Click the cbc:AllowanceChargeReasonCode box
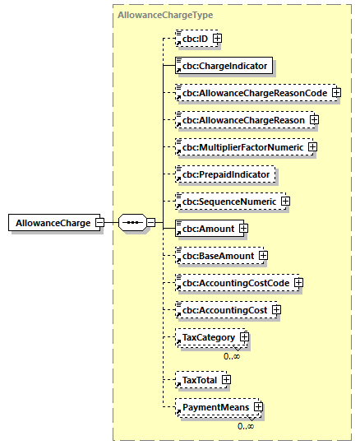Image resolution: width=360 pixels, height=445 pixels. (x=254, y=93)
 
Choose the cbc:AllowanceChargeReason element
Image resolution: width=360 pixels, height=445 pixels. (x=243, y=120)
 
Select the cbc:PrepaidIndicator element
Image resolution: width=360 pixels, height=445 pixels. (x=225, y=174)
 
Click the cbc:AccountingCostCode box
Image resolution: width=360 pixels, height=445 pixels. (x=235, y=283)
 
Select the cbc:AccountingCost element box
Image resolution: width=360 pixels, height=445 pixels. (x=224, y=310)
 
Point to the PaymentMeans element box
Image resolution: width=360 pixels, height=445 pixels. (x=215, y=406)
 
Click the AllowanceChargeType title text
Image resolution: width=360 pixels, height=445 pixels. (x=156, y=16)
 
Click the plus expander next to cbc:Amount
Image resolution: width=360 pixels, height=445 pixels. (x=243, y=229)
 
